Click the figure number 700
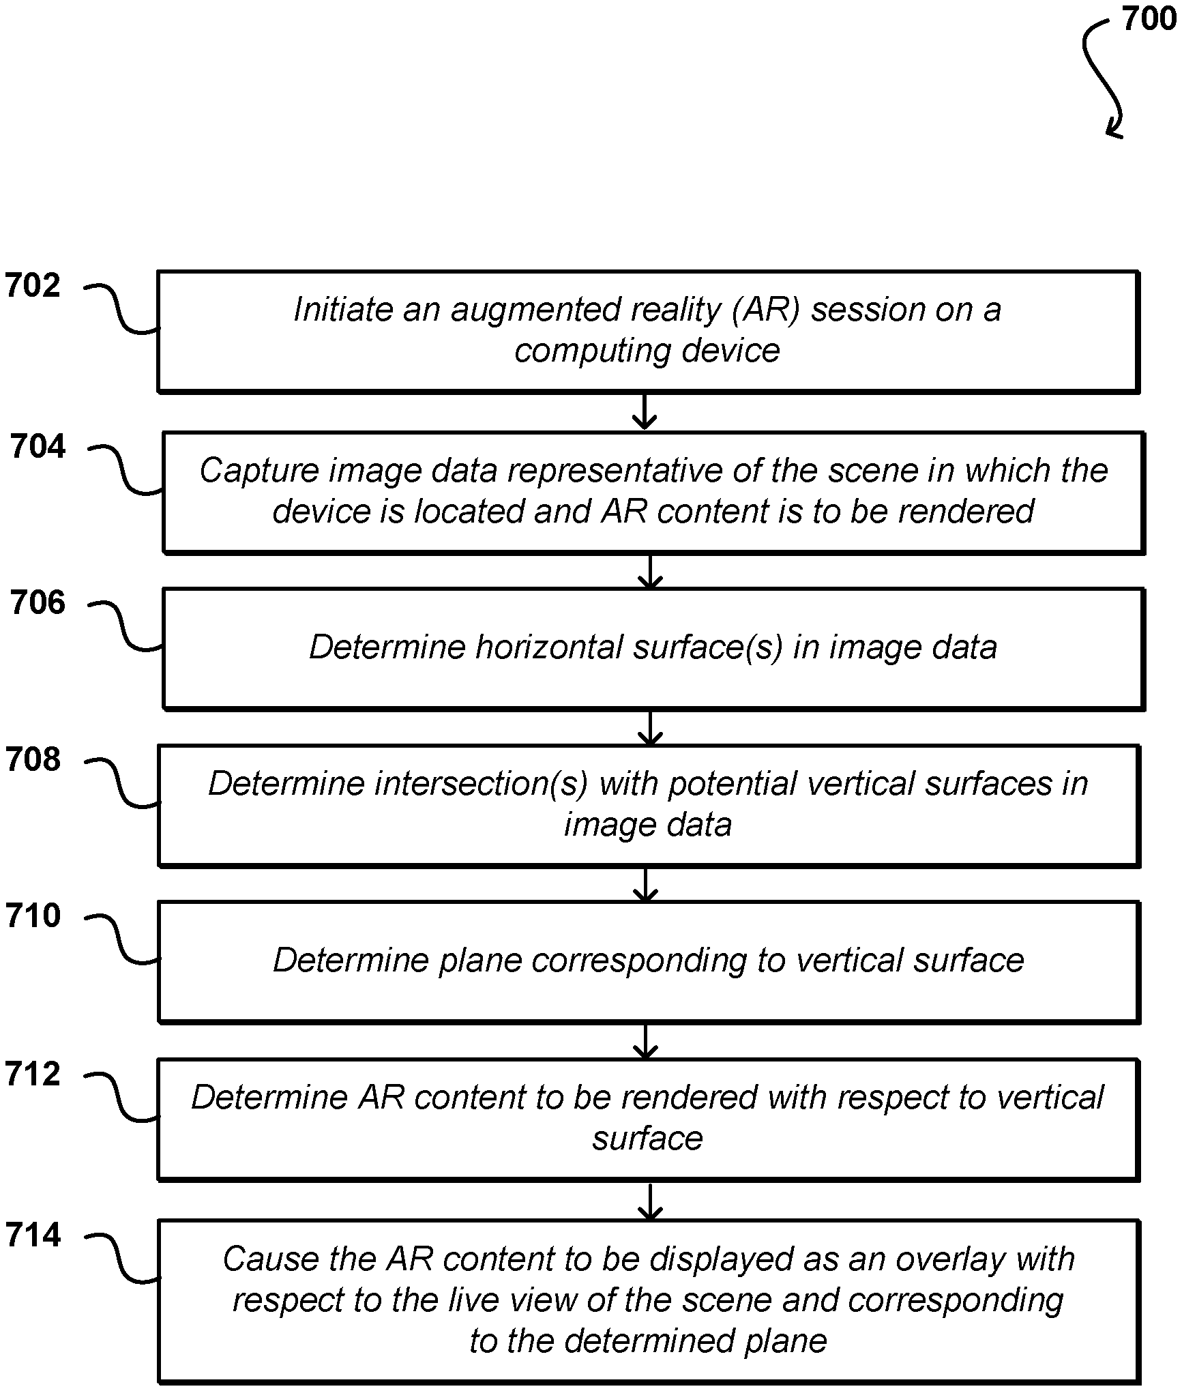[x=1149, y=19]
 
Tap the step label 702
[x=33, y=286]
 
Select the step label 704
[x=38, y=447]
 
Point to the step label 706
[x=38, y=603]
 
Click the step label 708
[x=33, y=759]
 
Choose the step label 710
[x=33, y=916]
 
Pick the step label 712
[x=33, y=1074]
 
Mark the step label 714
[x=33, y=1235]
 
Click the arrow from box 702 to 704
[x=645, y=411]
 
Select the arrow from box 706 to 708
[x=651, y=727]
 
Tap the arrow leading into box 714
[x=651, y=1201]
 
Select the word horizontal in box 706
[x=549, y=647]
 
